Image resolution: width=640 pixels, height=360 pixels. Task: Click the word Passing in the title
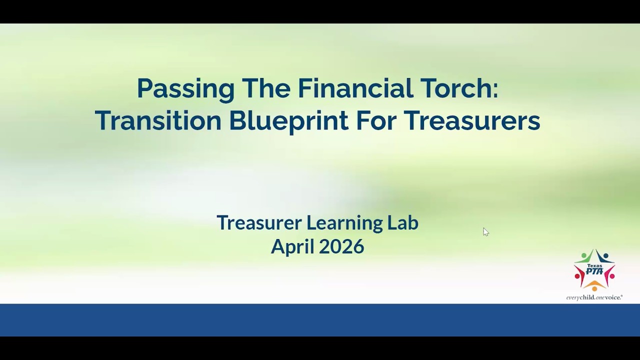coord(185,89)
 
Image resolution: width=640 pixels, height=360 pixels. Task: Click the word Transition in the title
coord(157,121)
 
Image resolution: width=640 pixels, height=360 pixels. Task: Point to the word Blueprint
coord(288,121)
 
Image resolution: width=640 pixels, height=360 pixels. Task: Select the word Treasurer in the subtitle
coord(258,222)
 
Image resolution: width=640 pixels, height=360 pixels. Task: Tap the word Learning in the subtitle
coord(345,223)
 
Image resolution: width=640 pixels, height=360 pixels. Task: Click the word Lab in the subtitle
coord(403,222)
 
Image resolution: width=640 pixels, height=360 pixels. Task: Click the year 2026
coord(341,246)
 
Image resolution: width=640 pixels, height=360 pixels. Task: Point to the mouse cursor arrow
coord(485,231)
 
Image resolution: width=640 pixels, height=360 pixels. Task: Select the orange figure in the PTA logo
coord(594,285)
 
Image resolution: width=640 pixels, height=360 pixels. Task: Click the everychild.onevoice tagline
coord(594,297)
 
